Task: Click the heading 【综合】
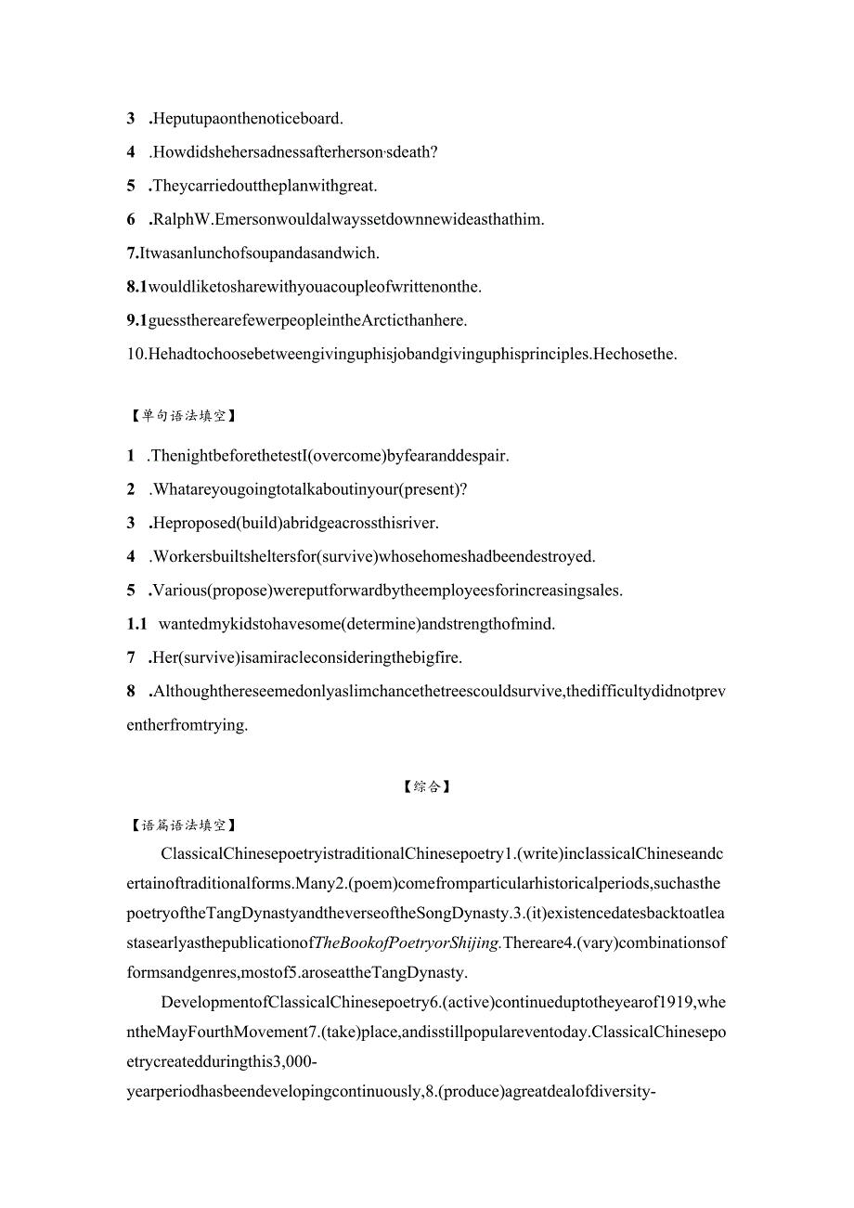[426, 787]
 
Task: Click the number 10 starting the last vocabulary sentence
[136, 354]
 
